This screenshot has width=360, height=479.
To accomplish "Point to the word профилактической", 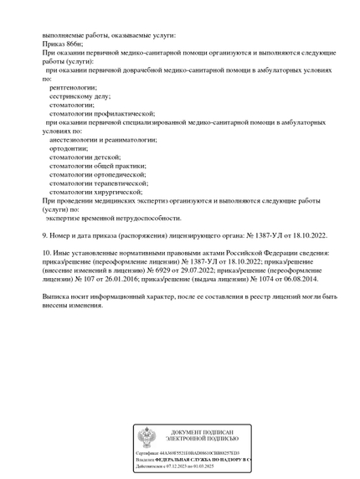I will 123,112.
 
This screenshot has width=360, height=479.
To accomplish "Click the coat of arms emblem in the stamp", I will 147,437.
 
